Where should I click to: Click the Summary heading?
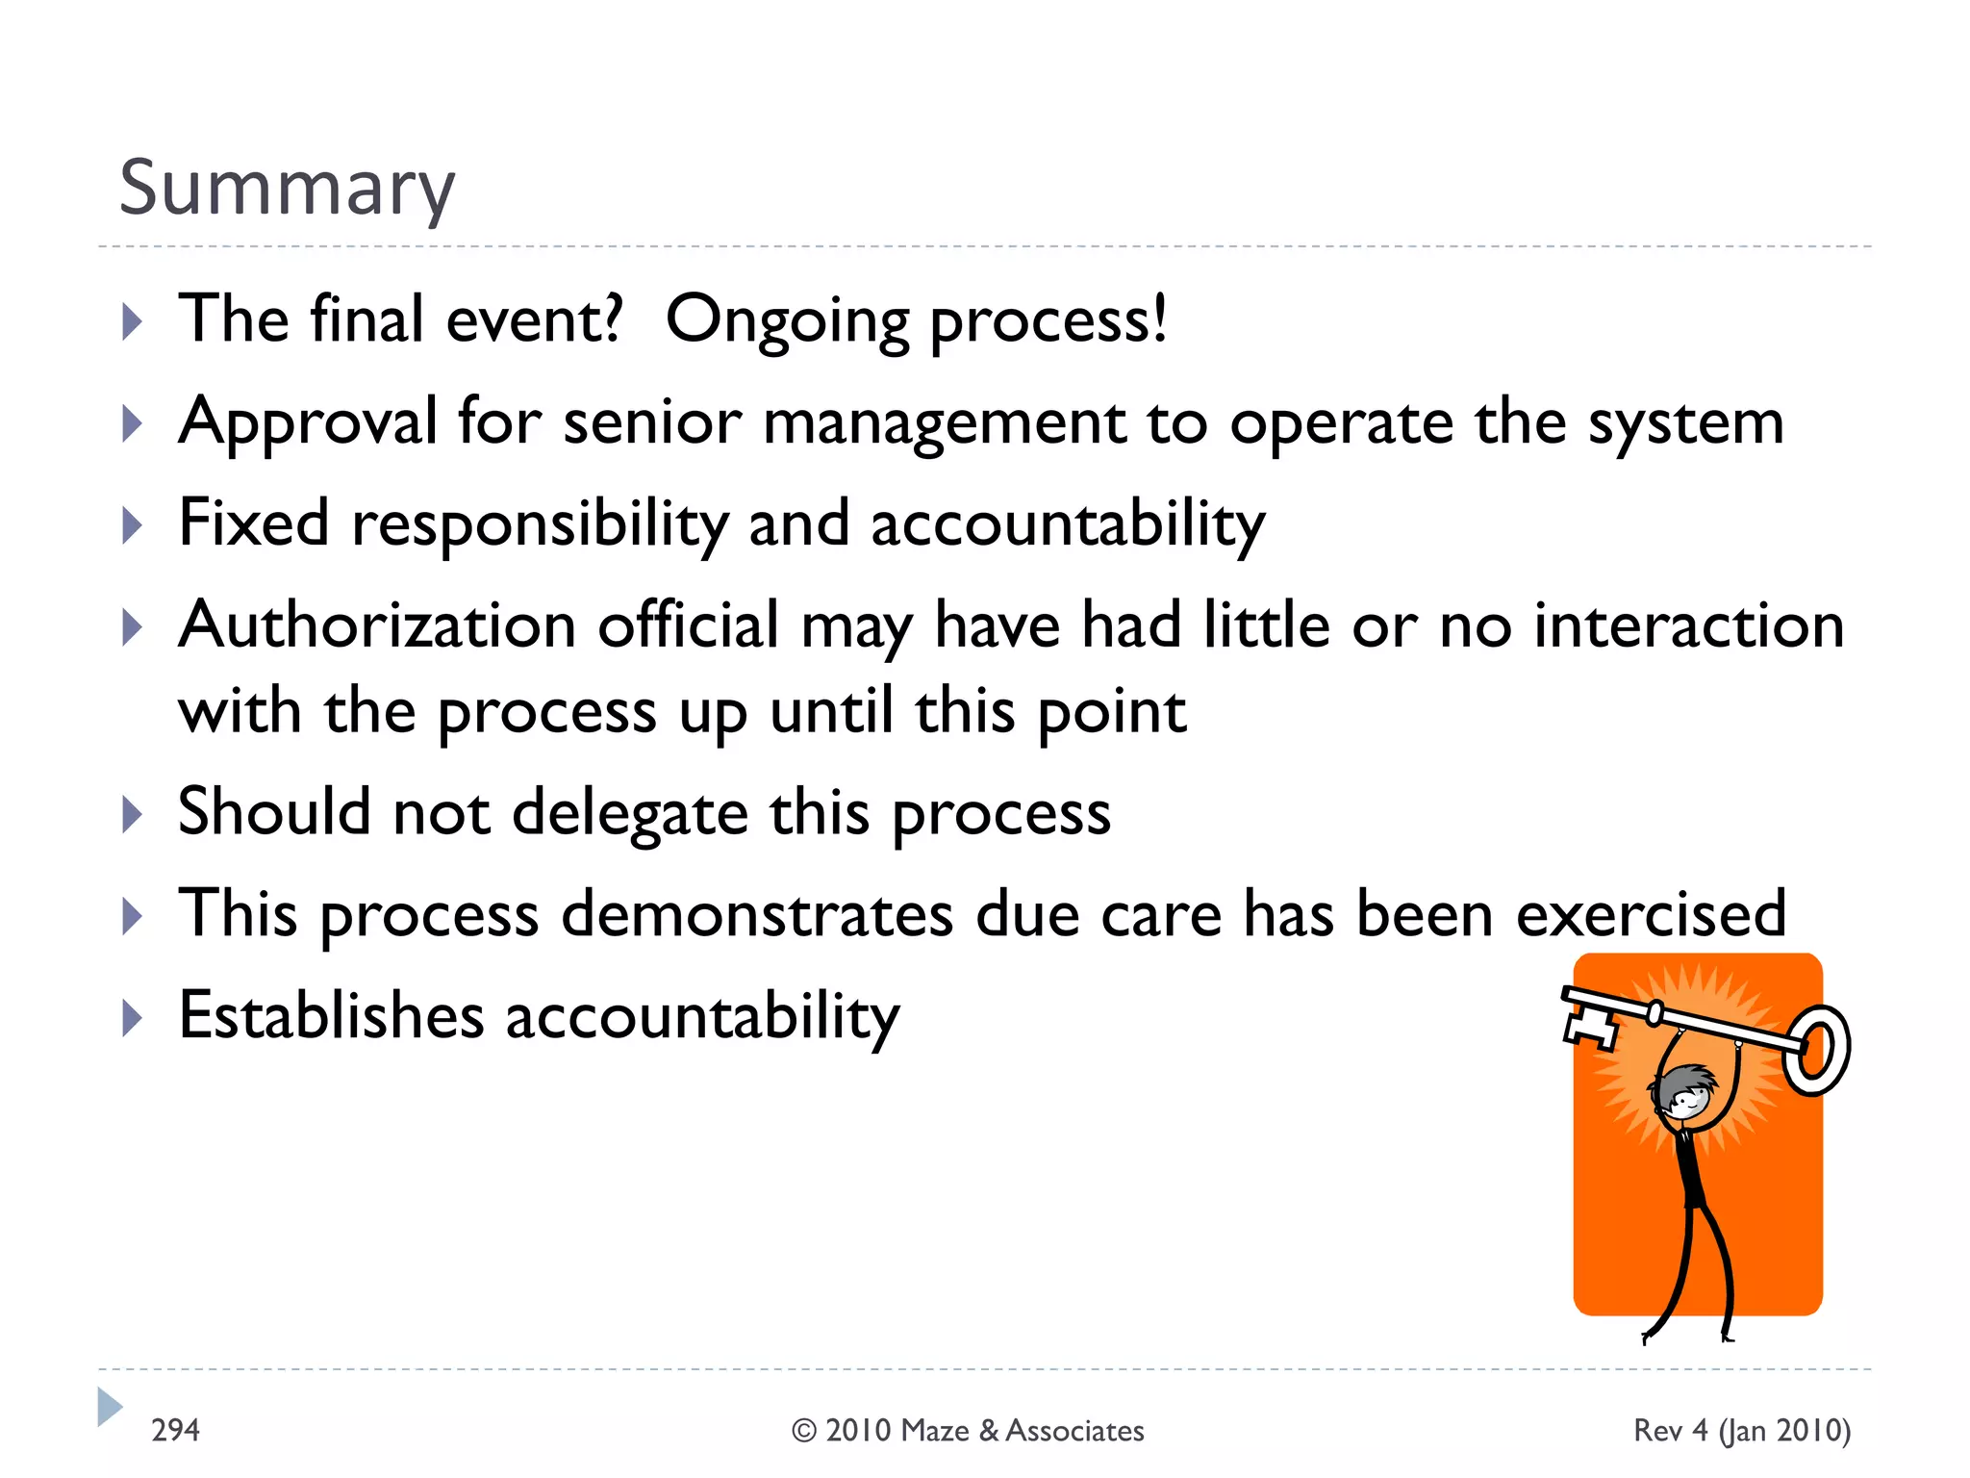click(287, 188)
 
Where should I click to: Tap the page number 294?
click(175, 1430)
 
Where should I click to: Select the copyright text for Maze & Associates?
click(968, 1431)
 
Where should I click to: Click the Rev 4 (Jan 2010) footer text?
click(1742, 1431)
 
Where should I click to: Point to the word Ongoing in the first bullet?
click(787, 320)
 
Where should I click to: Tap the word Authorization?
click(377, 625)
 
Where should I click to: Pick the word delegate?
click(630, 812)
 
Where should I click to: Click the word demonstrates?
click(757, 913)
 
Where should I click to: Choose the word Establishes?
click(331, 1015)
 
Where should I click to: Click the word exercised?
click(1651, 913)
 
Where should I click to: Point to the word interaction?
click(1688, 625)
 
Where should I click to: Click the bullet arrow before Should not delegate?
click(133, 814)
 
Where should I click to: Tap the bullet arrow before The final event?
click(133, 321)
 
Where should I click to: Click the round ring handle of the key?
click(1816, 1050)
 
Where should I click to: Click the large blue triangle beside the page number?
click(110, 1407)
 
